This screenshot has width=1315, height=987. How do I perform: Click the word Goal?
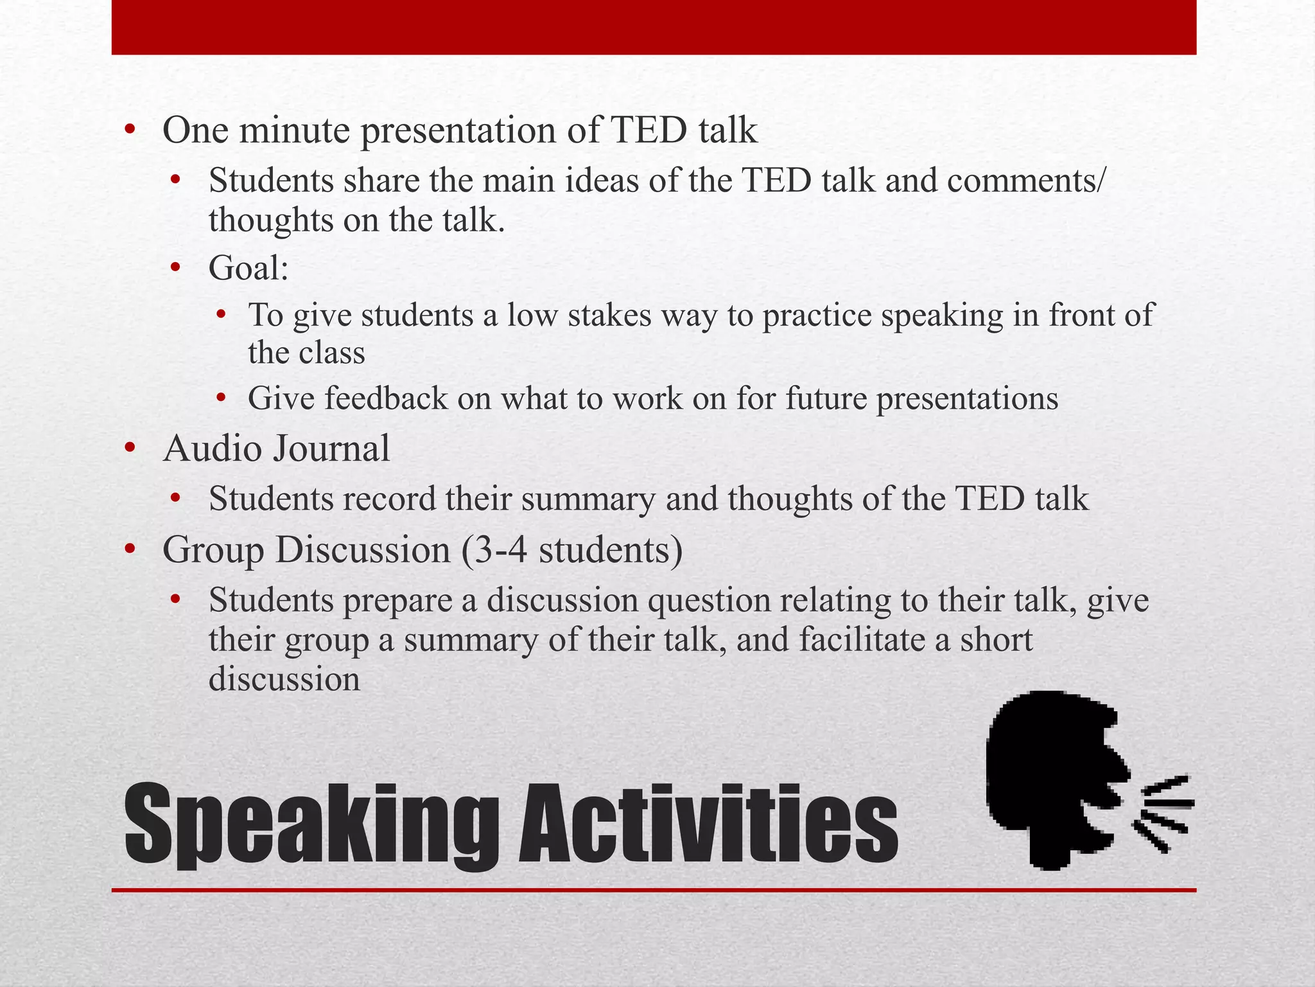pos(248,268)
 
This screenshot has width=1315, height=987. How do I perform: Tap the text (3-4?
pos(495,550)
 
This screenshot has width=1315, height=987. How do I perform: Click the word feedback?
pos(385,398)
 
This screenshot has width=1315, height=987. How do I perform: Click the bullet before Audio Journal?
pos(130,448)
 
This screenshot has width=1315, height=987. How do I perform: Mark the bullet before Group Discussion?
pos(130,549)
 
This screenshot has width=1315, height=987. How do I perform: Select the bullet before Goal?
pos(176,267)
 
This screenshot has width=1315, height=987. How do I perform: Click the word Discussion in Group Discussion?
pos(363,550)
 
